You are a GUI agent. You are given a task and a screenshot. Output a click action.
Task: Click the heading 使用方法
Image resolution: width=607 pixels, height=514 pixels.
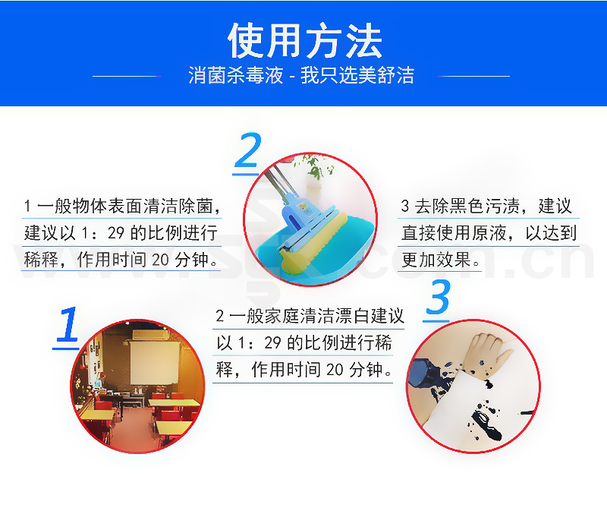pyautogui.click(x=305, y=41)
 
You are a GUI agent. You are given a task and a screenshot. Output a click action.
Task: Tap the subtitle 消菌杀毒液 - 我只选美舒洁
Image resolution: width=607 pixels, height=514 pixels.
pyautogui.click(x=301, y=75)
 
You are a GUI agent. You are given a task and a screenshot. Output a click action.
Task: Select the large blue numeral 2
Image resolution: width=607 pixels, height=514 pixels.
pyautogui.click(x=248, y=150)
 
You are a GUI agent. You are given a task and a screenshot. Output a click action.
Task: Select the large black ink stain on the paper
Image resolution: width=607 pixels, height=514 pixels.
pyautogui.click(x=485, y=424)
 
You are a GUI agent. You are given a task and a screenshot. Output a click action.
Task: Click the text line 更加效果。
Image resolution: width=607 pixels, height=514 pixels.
pyautogui.click(x=441, y=260)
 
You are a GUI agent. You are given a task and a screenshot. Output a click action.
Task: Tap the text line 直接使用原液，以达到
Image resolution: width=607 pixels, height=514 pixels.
pyautogui.click(x=489, y=233)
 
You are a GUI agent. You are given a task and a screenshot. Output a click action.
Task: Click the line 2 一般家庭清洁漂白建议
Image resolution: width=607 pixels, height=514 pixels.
pyautogui.click(x=310, y=316)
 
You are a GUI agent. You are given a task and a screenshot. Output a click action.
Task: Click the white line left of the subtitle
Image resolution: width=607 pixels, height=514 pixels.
pyautogui.click(x=127, y=77)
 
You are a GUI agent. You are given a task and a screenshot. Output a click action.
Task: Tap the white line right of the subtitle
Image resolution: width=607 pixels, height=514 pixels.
pyautogui.click(x=473, y=77)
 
